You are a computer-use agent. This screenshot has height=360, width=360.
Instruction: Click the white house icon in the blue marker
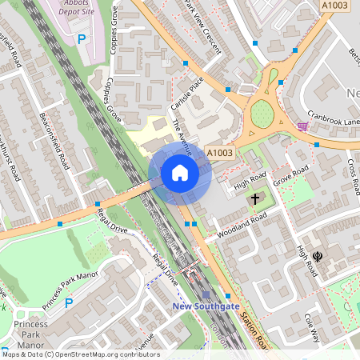pos(180,173)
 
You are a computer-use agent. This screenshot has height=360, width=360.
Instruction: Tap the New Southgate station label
pos(205,306)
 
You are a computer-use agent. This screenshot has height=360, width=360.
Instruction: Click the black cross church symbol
pos(256,198)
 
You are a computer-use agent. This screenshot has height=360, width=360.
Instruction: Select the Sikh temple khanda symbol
pos(318,257)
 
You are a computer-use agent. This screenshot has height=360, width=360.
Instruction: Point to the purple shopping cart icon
pos(302,126)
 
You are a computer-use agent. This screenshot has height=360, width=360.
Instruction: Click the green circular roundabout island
pos(262,114)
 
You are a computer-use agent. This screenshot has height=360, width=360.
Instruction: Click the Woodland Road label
pos(242,227)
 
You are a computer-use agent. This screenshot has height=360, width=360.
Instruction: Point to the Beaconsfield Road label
pos(54,139)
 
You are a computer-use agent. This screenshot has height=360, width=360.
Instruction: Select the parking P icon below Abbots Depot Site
pos(81,38)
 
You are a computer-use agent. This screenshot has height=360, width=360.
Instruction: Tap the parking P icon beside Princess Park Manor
pos(69,303)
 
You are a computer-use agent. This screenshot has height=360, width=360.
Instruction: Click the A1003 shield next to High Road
pos(219,153)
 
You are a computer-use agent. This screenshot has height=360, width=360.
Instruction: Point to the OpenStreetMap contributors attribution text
pos(80,354)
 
